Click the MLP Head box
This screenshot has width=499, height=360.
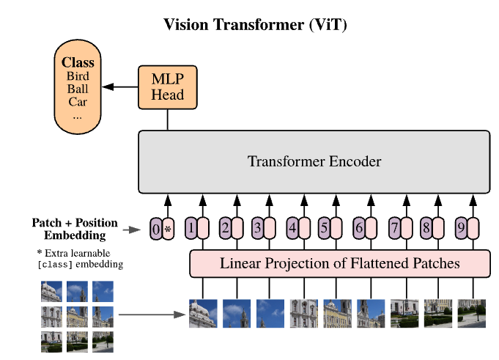[167, 87]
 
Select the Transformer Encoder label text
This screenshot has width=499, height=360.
[314, 161]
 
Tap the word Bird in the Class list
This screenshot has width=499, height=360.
[78, 76]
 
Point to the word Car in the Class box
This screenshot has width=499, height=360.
[78, 102]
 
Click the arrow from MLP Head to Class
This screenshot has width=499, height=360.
[120, 87]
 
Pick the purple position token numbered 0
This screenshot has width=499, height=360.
[156, 229]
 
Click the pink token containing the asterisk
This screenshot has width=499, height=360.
[168, 229]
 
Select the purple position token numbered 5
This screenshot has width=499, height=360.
[324, 228]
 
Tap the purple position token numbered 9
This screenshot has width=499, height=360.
[461, 228]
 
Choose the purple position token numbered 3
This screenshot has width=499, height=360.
[257, 228]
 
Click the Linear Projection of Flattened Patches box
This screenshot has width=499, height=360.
[340, 263]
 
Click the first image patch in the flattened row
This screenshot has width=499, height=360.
[203, 314]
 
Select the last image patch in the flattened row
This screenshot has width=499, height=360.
[472, 314]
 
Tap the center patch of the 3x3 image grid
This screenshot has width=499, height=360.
[77, 317]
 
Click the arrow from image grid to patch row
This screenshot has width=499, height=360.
[152, 315]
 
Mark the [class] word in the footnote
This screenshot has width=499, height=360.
[55, 265]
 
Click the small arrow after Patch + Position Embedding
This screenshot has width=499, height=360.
[131, 229]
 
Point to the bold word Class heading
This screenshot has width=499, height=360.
[78, 62]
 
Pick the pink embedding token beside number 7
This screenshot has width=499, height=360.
[407, 228]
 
